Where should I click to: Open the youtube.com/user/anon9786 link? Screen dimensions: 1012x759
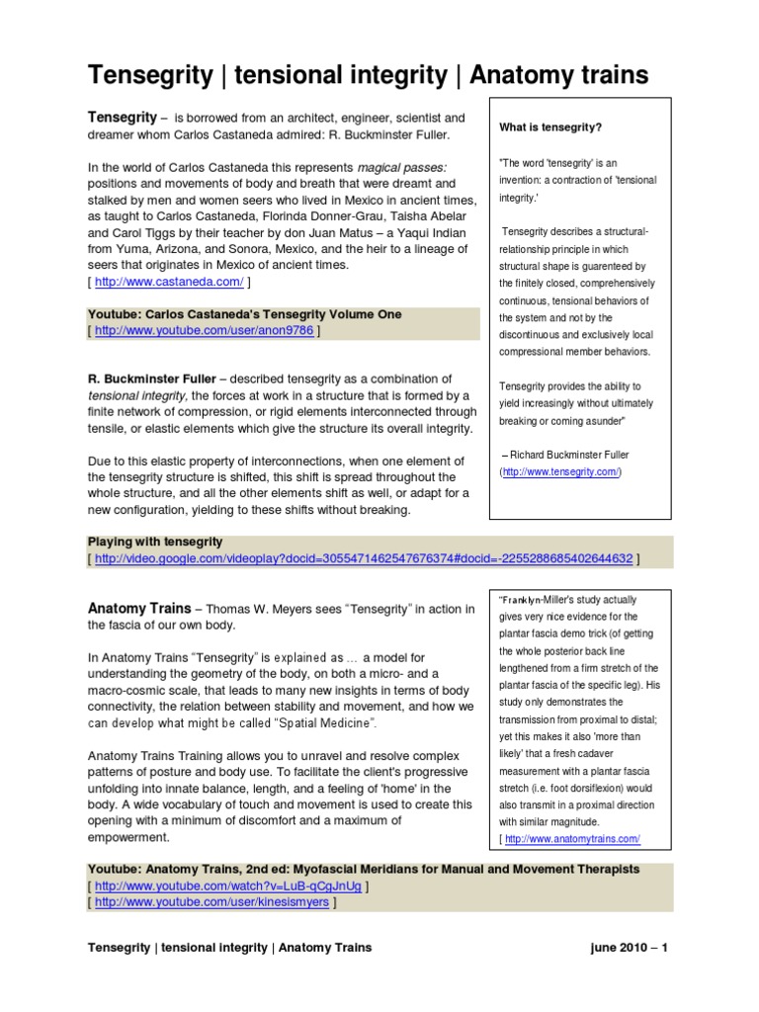(205, 331)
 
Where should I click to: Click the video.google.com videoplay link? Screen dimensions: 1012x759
(364, 558)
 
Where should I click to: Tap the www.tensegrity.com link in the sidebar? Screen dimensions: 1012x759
(560, 472)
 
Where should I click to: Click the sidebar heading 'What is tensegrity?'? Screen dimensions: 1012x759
(551, 127)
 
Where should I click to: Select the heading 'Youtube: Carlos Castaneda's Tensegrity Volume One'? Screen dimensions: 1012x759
(244, 314)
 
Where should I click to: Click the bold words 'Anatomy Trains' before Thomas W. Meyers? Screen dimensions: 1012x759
(139, 610)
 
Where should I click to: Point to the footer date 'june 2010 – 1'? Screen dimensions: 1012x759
(628, 948)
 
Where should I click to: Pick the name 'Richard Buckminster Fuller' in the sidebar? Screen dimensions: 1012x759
(569, 455)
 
